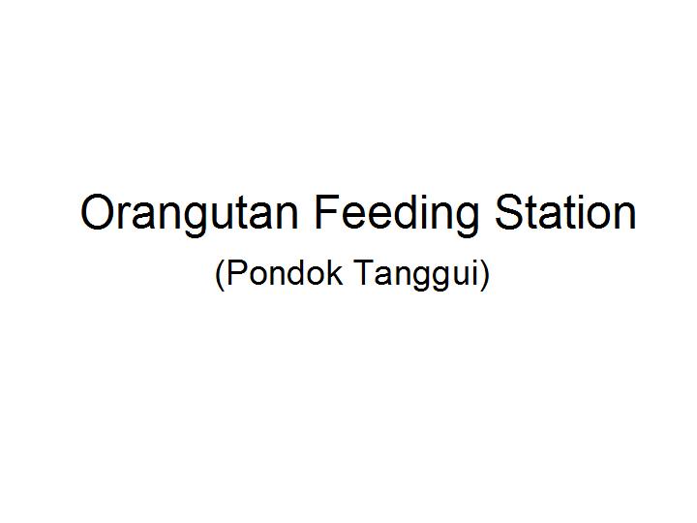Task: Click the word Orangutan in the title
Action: tap(189, 215)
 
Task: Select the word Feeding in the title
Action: tap(397, 215)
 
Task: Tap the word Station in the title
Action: tap(565, 212)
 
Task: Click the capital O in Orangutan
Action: tap(99, 212)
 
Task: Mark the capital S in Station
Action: tap(511, 212)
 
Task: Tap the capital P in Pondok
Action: tap(236, 272)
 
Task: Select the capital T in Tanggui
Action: tap(364, 272)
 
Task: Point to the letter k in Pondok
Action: tap(335, 272)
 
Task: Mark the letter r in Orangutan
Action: tap(126, 217)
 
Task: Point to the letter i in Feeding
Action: tap(421, 212)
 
